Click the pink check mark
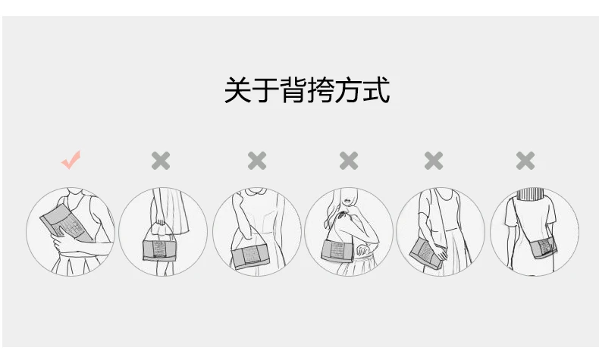71,160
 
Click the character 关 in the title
237,89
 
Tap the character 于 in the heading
265,89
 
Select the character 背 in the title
293,89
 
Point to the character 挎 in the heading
321,89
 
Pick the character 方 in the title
348,89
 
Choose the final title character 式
376,89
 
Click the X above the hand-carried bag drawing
161,161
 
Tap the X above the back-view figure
525,161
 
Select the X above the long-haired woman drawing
349,161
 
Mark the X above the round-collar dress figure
257,161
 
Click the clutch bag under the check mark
67,224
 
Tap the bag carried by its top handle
159,250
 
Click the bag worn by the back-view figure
543,247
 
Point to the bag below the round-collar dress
251,258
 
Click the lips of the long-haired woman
347,201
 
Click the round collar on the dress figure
257,192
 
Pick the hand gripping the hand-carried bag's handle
160,223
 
